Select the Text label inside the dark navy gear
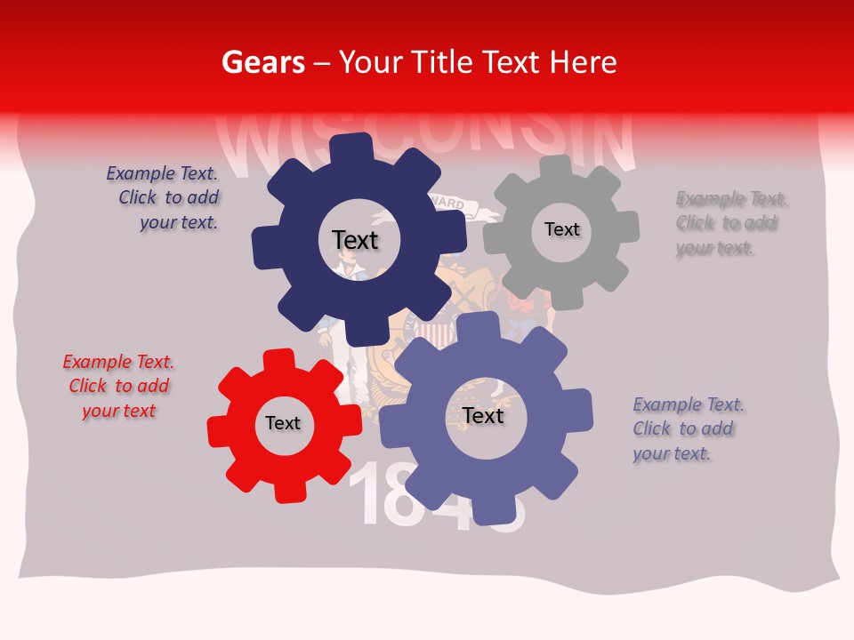click(x=355, y=240)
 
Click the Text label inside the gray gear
click(x=561, y=229)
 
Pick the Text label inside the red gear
click(x=283, y=423)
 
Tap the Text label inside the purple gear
click(x=483, y=415)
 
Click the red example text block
click(x=118, y=387)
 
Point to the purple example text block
click(x=689, y=429)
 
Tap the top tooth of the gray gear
click(x=556, y=165)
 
